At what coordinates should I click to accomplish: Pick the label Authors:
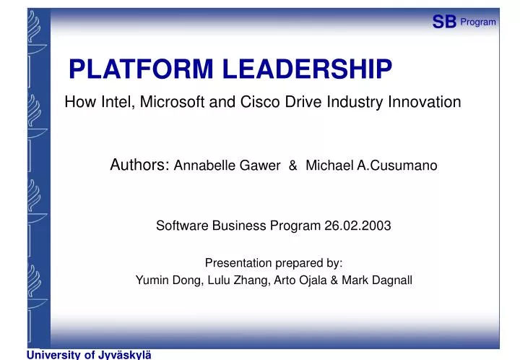point(140,166)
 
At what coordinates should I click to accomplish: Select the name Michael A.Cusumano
point(371,166)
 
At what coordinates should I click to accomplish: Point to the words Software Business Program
point(238,226)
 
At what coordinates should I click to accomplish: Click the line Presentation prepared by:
point(274,262)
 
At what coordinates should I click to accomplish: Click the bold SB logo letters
point(444,22)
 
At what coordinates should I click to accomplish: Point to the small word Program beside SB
point(478,22)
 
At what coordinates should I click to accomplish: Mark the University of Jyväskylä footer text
point(90,354)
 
